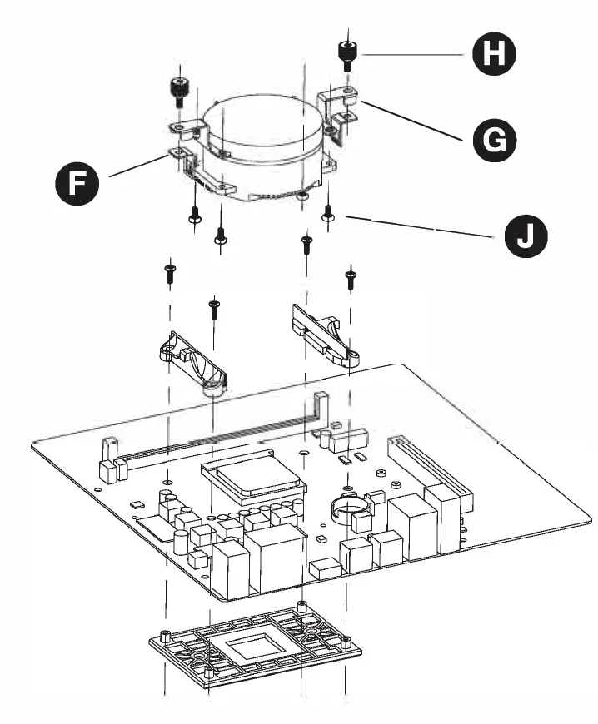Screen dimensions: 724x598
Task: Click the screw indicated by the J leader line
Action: pyautogui.click(x=329, y=214)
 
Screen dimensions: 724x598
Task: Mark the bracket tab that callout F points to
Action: pyautogui.click(x=177, y=151)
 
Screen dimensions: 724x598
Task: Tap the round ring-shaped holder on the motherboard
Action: pyautogui.click(x=351, y=507)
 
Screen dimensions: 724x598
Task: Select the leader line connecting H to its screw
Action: pyautogui.click(x=412, y=54)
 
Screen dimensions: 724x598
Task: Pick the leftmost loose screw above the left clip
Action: pyautogui.click(x=169, y=272)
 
